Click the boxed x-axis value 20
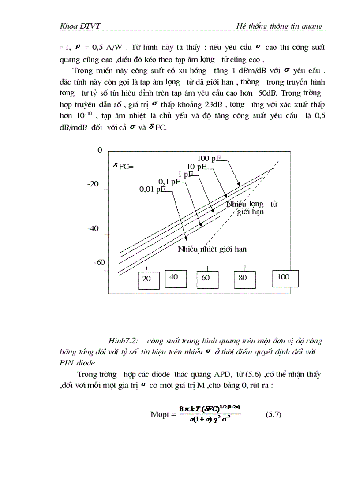pos(146,279)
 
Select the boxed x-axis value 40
pos(174,277)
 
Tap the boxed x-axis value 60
pos(206,278)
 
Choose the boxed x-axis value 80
pos(243,278)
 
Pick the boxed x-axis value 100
pos(284,277)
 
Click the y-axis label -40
pos(93,229)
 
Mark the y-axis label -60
pos(99,262)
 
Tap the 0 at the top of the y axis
pos(100,150)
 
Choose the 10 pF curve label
pos(197,167)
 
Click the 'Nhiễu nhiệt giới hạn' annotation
pos(212,249)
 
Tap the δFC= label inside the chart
pos(123,167)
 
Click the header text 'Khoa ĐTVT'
pos(80,26)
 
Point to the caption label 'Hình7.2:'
pos(123,341)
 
